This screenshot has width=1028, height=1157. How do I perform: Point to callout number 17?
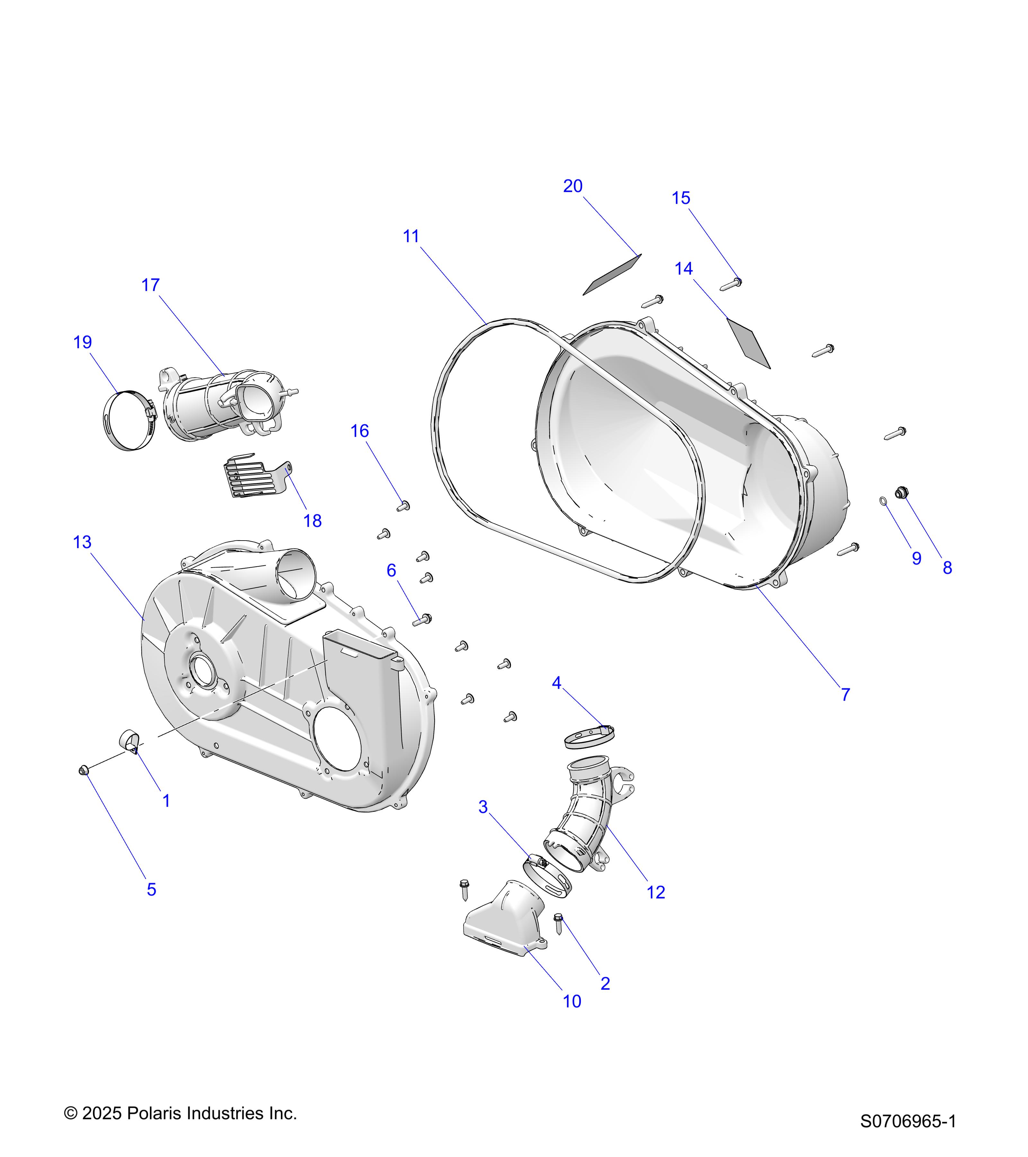[x=150, y=285]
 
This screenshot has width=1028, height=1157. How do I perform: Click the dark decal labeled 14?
[x=748, y=343]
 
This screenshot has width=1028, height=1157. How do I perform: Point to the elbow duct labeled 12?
[x=589, y=815]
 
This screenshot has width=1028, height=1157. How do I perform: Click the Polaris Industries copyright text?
[x=181, y=1113]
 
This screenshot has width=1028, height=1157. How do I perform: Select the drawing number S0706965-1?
[x=908, y=1121]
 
